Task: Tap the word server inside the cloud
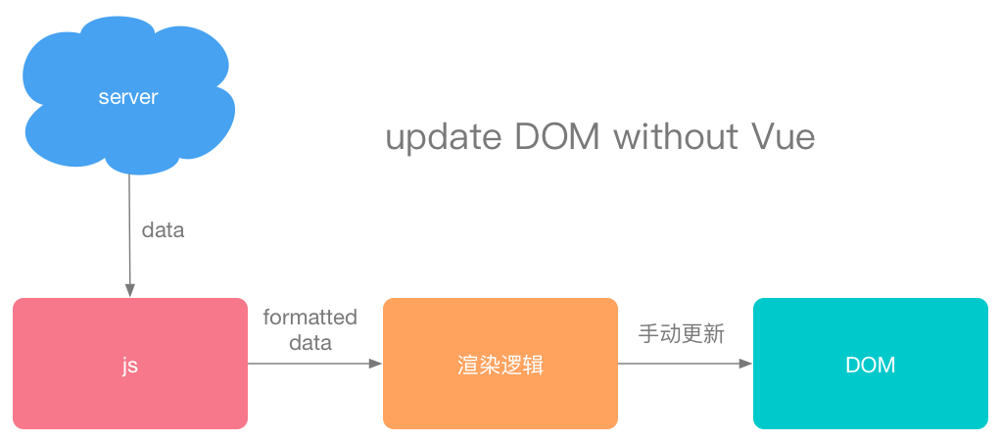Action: click(x=128, y=98)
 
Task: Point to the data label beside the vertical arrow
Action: click(x=163, y=231)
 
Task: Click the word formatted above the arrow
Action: click(x=310, y=318)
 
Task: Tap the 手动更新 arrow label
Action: click(x=682, y=334)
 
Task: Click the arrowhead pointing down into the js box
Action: click(x=129, y=291)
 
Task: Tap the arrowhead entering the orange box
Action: click(x=375, y=364)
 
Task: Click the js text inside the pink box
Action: click(x=129, y=366)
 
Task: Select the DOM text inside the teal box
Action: click(x=870, y=365)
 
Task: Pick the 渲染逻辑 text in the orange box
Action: click(x=500, y=366)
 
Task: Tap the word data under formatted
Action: click(x=310, y=343)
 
